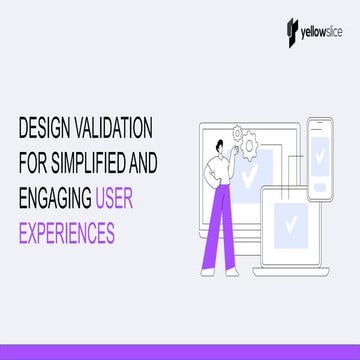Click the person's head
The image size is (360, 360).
(215, 143)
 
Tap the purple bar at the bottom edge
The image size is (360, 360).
(180, 350)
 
